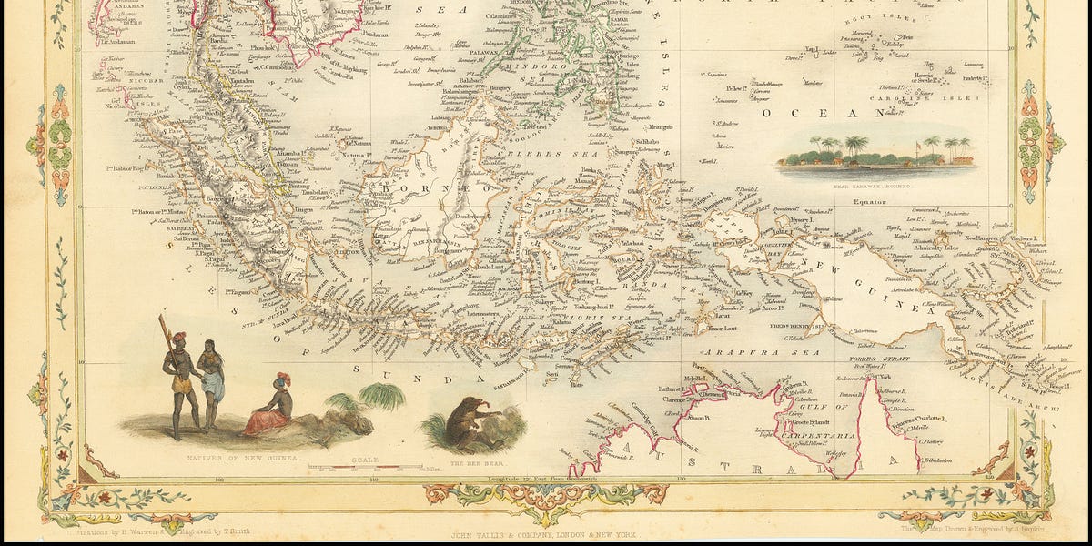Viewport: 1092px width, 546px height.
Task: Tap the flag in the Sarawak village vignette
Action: (x=912, y=143)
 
